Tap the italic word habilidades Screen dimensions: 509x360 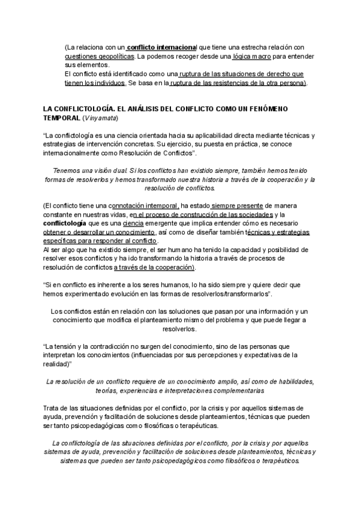(x=290, y=382)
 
